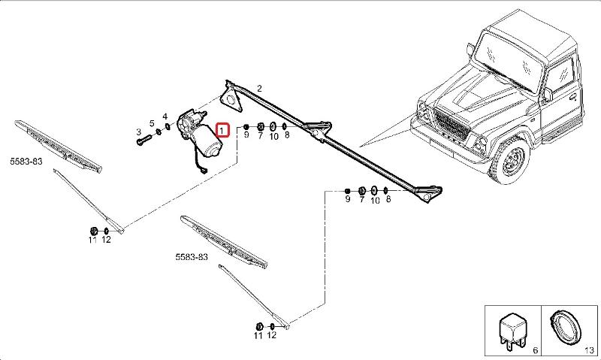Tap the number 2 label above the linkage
259,89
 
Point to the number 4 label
165,116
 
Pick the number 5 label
152,123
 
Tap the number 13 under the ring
590,351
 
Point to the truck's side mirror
548,95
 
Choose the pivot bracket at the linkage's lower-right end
430,193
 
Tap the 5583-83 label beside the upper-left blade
26,161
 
